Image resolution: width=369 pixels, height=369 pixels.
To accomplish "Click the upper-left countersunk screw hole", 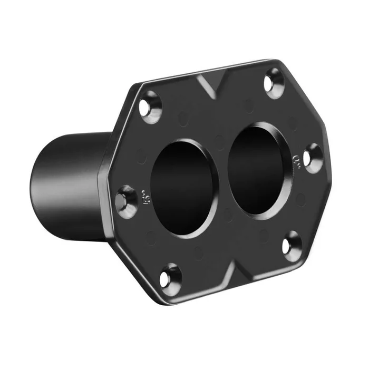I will (x=150, y=107).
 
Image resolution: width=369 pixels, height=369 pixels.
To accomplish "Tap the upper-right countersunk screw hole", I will (x=273, y=83).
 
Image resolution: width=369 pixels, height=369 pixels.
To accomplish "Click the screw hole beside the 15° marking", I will (x=126, y=201).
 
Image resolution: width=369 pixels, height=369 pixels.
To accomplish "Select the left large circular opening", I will (x=183, y=187).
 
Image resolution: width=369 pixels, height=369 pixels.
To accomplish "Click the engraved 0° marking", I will (x=296, y=158).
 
